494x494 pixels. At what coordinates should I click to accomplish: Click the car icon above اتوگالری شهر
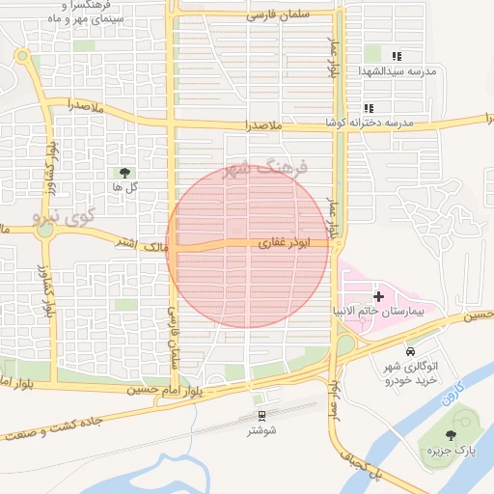click(412, 351)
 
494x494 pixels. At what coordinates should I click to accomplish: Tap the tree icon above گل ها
click(125, 173)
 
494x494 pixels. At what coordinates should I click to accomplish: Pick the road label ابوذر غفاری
click(275, 245)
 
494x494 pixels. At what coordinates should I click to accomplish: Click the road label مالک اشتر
click(141, 245)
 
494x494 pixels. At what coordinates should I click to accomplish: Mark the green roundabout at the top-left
click(21, 56)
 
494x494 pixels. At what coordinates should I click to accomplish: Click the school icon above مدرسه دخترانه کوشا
click(368, 108)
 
